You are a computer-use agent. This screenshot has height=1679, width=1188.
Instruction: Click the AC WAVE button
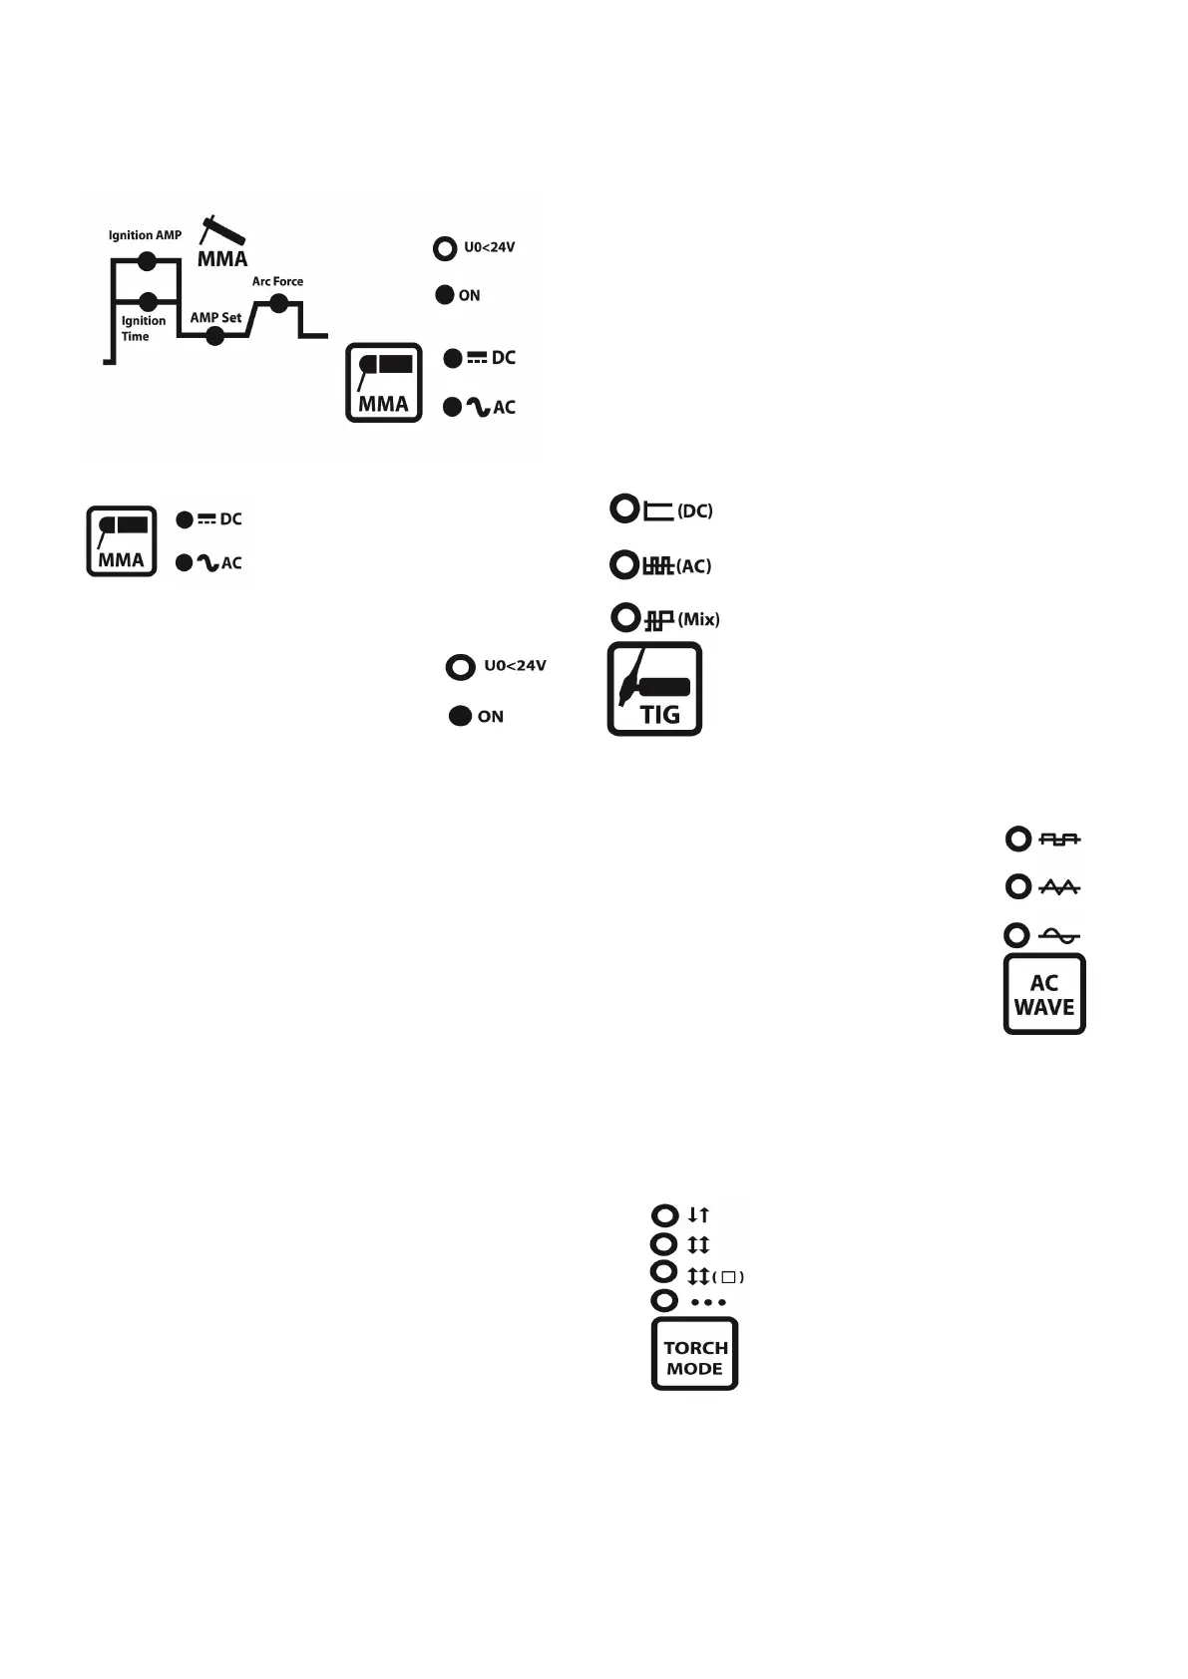(1043, 994)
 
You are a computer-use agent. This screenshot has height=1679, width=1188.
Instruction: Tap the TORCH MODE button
(694, 1354)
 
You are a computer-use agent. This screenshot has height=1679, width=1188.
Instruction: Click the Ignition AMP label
(145, 235)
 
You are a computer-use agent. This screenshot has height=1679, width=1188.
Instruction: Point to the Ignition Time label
(143, 328)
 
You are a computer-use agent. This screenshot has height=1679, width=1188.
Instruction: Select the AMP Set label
(215, 317)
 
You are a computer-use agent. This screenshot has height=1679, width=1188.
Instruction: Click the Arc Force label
(277, 281)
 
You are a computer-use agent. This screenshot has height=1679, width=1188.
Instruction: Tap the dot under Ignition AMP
(147, 261)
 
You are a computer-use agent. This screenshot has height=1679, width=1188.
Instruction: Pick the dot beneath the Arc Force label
(279, 303)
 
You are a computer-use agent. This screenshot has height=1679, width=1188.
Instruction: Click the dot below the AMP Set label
(214, 336)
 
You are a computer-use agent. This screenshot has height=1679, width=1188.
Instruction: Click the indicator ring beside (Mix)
(624, 618)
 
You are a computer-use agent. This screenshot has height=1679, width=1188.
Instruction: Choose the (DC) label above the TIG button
(694, 510)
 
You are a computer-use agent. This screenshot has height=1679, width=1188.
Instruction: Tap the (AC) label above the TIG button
(693, 566)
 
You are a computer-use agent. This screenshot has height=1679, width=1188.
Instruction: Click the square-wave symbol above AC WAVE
(1059, 839)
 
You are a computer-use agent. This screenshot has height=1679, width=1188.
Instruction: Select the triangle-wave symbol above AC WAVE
(1059, 887)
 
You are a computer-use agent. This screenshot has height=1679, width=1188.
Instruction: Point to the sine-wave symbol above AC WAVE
(1059, 935)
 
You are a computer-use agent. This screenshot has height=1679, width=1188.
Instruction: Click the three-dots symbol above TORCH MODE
(708, 1302)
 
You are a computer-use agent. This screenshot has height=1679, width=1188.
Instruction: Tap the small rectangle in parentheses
(728, 1277)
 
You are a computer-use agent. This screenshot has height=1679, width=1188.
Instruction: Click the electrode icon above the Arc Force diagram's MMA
(222, 230)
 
